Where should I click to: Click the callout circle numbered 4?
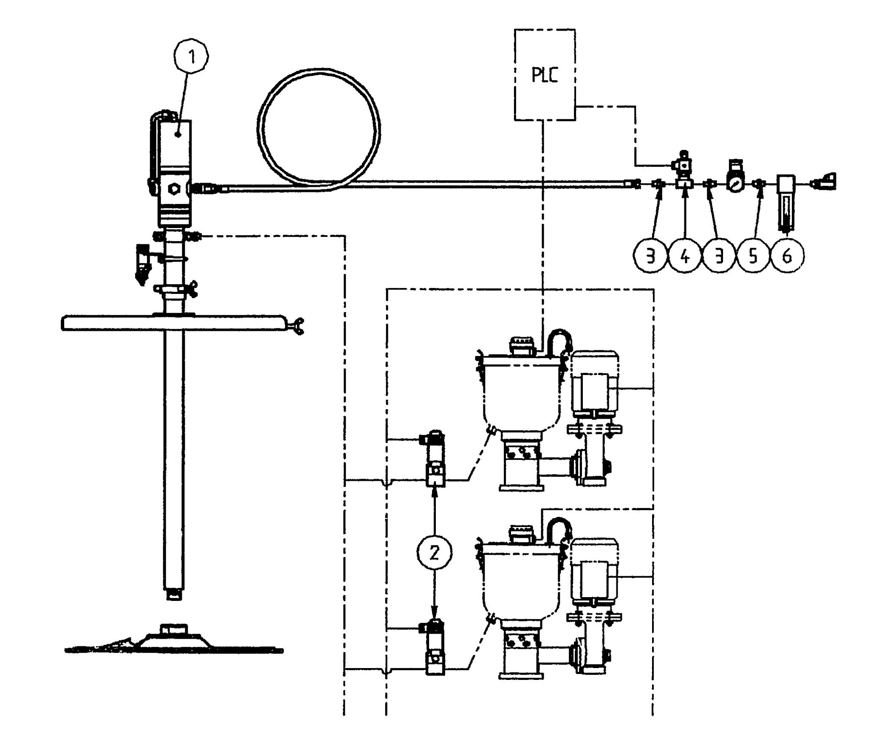point(685,257)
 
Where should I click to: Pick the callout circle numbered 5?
point(753,257)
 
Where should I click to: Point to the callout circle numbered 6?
point(787,257)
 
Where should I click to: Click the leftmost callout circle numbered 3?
point(650,257)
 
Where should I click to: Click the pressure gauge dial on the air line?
point(735,184)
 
